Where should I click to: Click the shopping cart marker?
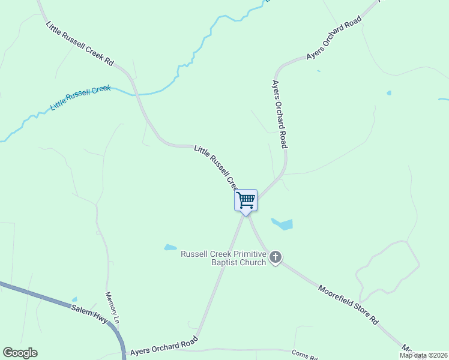[x=246, y=200]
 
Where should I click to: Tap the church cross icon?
[x=276, y=257]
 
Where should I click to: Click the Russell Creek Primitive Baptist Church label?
[x=223, y=258]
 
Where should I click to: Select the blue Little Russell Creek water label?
[x=80, y=97]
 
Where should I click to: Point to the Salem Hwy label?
[x=89, y=313]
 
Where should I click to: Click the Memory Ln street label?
[x=113, y=308]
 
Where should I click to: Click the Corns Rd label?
[x=304, y=355]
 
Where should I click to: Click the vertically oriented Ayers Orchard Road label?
[x=280, y=114]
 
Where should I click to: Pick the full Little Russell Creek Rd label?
[x=80, y=43]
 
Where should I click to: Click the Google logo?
[x=20, y=353]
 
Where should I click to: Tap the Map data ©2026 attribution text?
[x=423, y=355]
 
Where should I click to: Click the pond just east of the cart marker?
[x=283, y=224]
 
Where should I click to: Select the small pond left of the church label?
[x=170, y=247]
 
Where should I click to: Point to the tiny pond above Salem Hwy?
[x=74, y=299]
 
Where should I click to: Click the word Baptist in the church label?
[x=225, y=263]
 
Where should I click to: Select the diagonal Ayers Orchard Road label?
[x=334, y=38]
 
